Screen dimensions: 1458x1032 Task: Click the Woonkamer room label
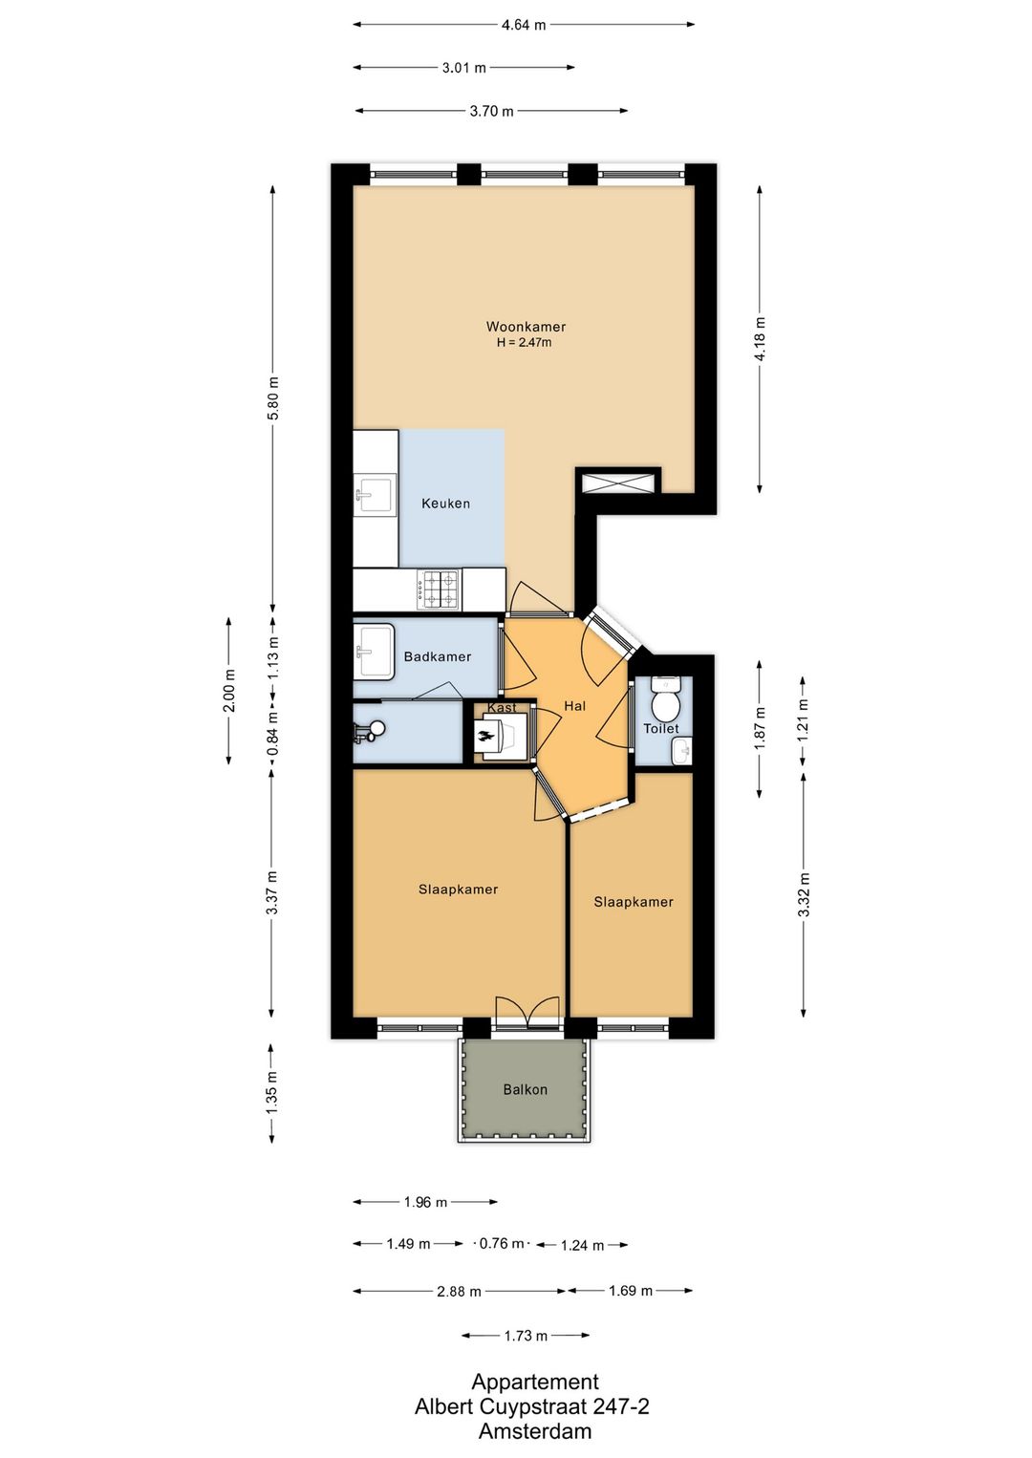(526, 327)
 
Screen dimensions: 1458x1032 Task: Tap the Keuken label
(445, 504)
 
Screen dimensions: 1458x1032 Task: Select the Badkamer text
(437, 656)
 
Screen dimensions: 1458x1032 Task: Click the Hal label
(574, 706)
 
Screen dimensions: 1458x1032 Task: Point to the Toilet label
(661, 728)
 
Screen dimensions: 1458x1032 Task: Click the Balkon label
(525, 1089)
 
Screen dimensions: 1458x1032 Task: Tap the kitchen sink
(375, 495)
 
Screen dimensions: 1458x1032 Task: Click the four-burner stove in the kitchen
(439, 590)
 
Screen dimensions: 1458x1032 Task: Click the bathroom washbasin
(374, 652)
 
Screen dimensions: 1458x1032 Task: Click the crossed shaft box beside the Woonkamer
(618, 482)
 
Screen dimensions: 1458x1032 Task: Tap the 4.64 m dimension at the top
(524, 25)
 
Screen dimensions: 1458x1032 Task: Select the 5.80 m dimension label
(273, 398)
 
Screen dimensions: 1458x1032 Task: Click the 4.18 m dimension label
(760, 339)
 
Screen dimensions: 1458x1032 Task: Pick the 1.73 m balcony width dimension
(526, 1336)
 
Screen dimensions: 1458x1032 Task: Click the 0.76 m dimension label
(502, 1244)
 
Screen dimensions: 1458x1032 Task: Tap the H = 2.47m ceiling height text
(524, 343)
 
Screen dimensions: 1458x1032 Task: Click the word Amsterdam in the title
(534, 1431)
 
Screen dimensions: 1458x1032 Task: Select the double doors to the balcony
(527, 1013)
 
